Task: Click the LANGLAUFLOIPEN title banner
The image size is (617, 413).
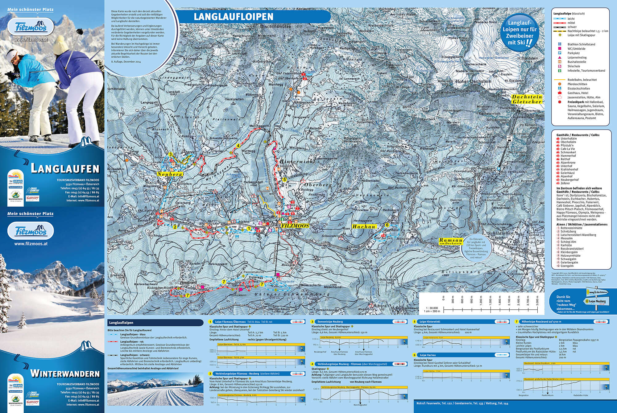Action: (x=233, y=16)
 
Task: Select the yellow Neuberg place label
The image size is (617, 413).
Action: (x=170, y=174)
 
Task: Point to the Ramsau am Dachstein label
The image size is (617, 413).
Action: (x=451, y=241)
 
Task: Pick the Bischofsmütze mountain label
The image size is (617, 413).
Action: (x=275, y=27)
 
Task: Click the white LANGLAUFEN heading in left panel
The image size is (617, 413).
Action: (x=65, y=169)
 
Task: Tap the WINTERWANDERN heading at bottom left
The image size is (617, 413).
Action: (x=65, y=374)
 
